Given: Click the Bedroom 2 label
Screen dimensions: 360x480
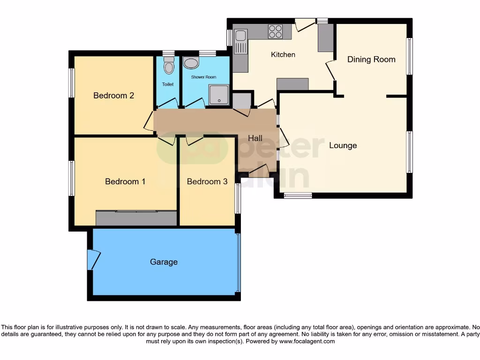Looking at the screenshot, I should pos(114,96).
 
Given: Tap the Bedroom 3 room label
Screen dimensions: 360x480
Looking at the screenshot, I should pos(207,181).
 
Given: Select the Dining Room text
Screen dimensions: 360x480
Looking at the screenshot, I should pos(371,60).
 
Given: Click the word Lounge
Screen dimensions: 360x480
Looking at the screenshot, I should pos(343,145).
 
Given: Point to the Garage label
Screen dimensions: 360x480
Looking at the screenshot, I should pos(164,262).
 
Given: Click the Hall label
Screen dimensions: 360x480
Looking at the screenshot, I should pos(255,138).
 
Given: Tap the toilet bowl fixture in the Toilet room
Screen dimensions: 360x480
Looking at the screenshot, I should pos(169,67).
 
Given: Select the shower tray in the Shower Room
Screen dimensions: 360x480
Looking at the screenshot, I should pos(218,95).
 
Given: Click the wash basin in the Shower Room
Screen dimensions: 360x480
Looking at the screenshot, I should pos(190,63).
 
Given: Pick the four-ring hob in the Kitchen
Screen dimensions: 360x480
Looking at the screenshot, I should pos(275,31).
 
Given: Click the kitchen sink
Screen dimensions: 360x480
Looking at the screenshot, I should pos(241,36).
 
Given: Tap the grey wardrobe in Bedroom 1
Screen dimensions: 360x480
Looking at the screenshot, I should pos(136,218).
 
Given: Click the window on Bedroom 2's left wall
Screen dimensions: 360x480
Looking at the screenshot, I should pos(72,83).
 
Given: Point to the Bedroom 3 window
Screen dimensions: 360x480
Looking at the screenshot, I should pos(238,198).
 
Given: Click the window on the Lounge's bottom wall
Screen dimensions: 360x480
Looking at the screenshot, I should pos(298,195).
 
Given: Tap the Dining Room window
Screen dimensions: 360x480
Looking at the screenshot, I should pos(409,56).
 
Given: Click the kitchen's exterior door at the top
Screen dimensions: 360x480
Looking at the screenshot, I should pos(304,25).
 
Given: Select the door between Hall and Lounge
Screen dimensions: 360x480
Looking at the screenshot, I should pos(284,137).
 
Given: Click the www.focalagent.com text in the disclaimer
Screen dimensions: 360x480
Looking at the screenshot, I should pos(307,342).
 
